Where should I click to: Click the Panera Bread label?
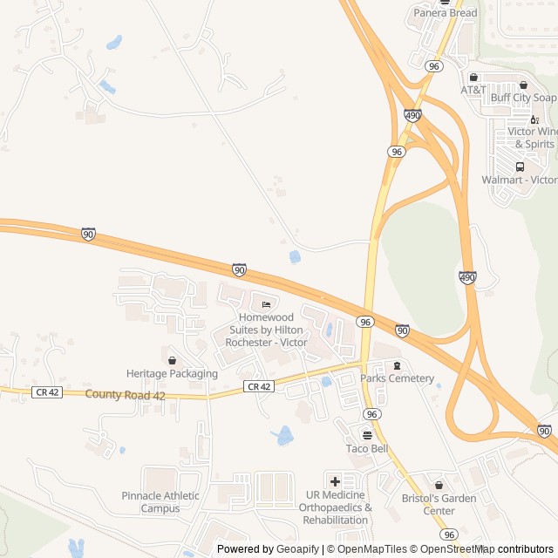445,13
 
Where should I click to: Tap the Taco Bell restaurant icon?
367,435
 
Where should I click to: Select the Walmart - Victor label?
519,180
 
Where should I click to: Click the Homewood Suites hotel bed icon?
266,303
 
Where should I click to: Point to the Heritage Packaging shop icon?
172,360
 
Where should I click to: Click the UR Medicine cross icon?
335,481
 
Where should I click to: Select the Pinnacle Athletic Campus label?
160,502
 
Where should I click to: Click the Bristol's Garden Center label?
439,504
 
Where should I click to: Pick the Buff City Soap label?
522,98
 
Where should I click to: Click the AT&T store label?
473,90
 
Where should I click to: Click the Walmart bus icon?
521,167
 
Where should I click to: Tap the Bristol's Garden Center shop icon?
439,485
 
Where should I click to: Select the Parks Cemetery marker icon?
398,365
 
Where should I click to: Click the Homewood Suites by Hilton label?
267,330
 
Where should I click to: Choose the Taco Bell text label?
367,449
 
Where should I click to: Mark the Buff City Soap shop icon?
523,85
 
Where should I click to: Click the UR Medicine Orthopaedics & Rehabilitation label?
336,507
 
